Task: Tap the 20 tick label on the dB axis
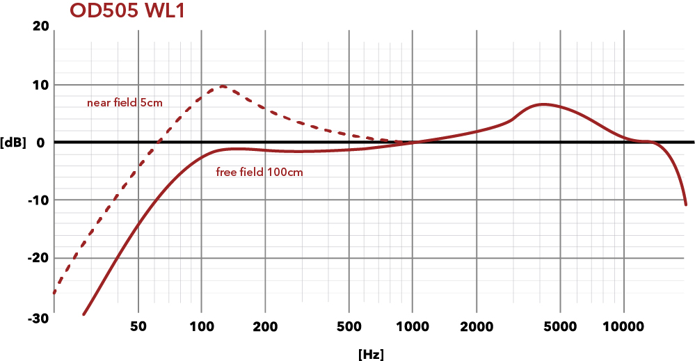(40, 26)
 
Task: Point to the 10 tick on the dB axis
(40, 85)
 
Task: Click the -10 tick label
(38, 200)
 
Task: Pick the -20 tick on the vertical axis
(38, 258)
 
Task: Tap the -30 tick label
(38, 316)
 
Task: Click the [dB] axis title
(14, 143)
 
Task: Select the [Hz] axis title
(371, 354)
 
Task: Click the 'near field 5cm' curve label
(125, 103)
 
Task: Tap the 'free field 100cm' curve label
(259, 172)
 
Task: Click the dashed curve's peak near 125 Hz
(223, 86)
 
